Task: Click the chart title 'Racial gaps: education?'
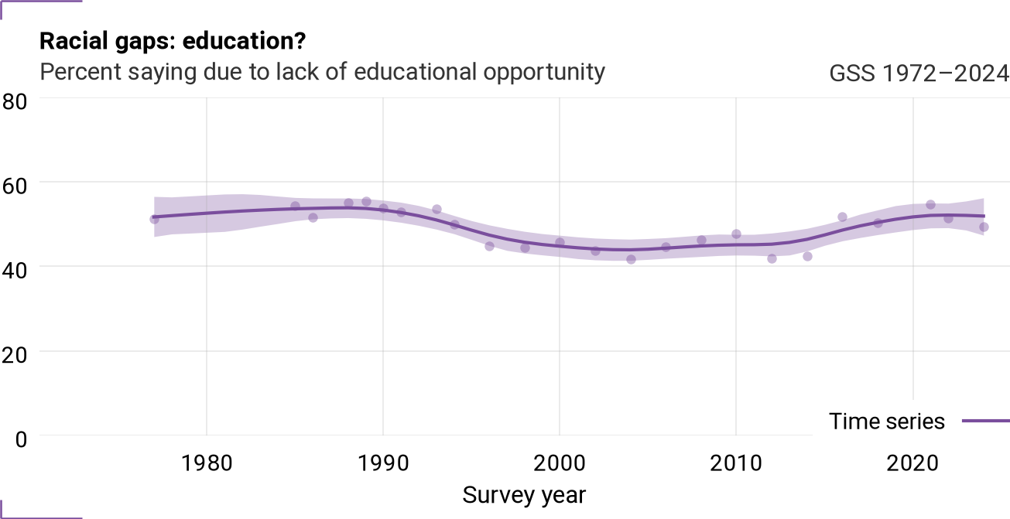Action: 173,41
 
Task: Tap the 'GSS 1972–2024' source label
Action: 919,73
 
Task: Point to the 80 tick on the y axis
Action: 15,102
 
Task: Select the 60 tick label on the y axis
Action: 15,186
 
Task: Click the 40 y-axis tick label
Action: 15,270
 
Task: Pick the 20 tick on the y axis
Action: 15,355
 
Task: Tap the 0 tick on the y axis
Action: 21,439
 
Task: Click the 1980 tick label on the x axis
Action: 207,463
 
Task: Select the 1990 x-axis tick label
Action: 383,463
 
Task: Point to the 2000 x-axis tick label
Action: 560,463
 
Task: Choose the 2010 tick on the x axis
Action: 736,463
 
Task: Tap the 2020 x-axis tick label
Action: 912,463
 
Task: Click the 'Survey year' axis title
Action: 524,495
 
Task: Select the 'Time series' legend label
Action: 886,422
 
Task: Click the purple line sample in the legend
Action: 986,422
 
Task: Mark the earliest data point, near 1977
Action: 154,220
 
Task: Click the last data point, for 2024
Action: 984,227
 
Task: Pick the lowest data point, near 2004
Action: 632,260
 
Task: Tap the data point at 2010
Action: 736,234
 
